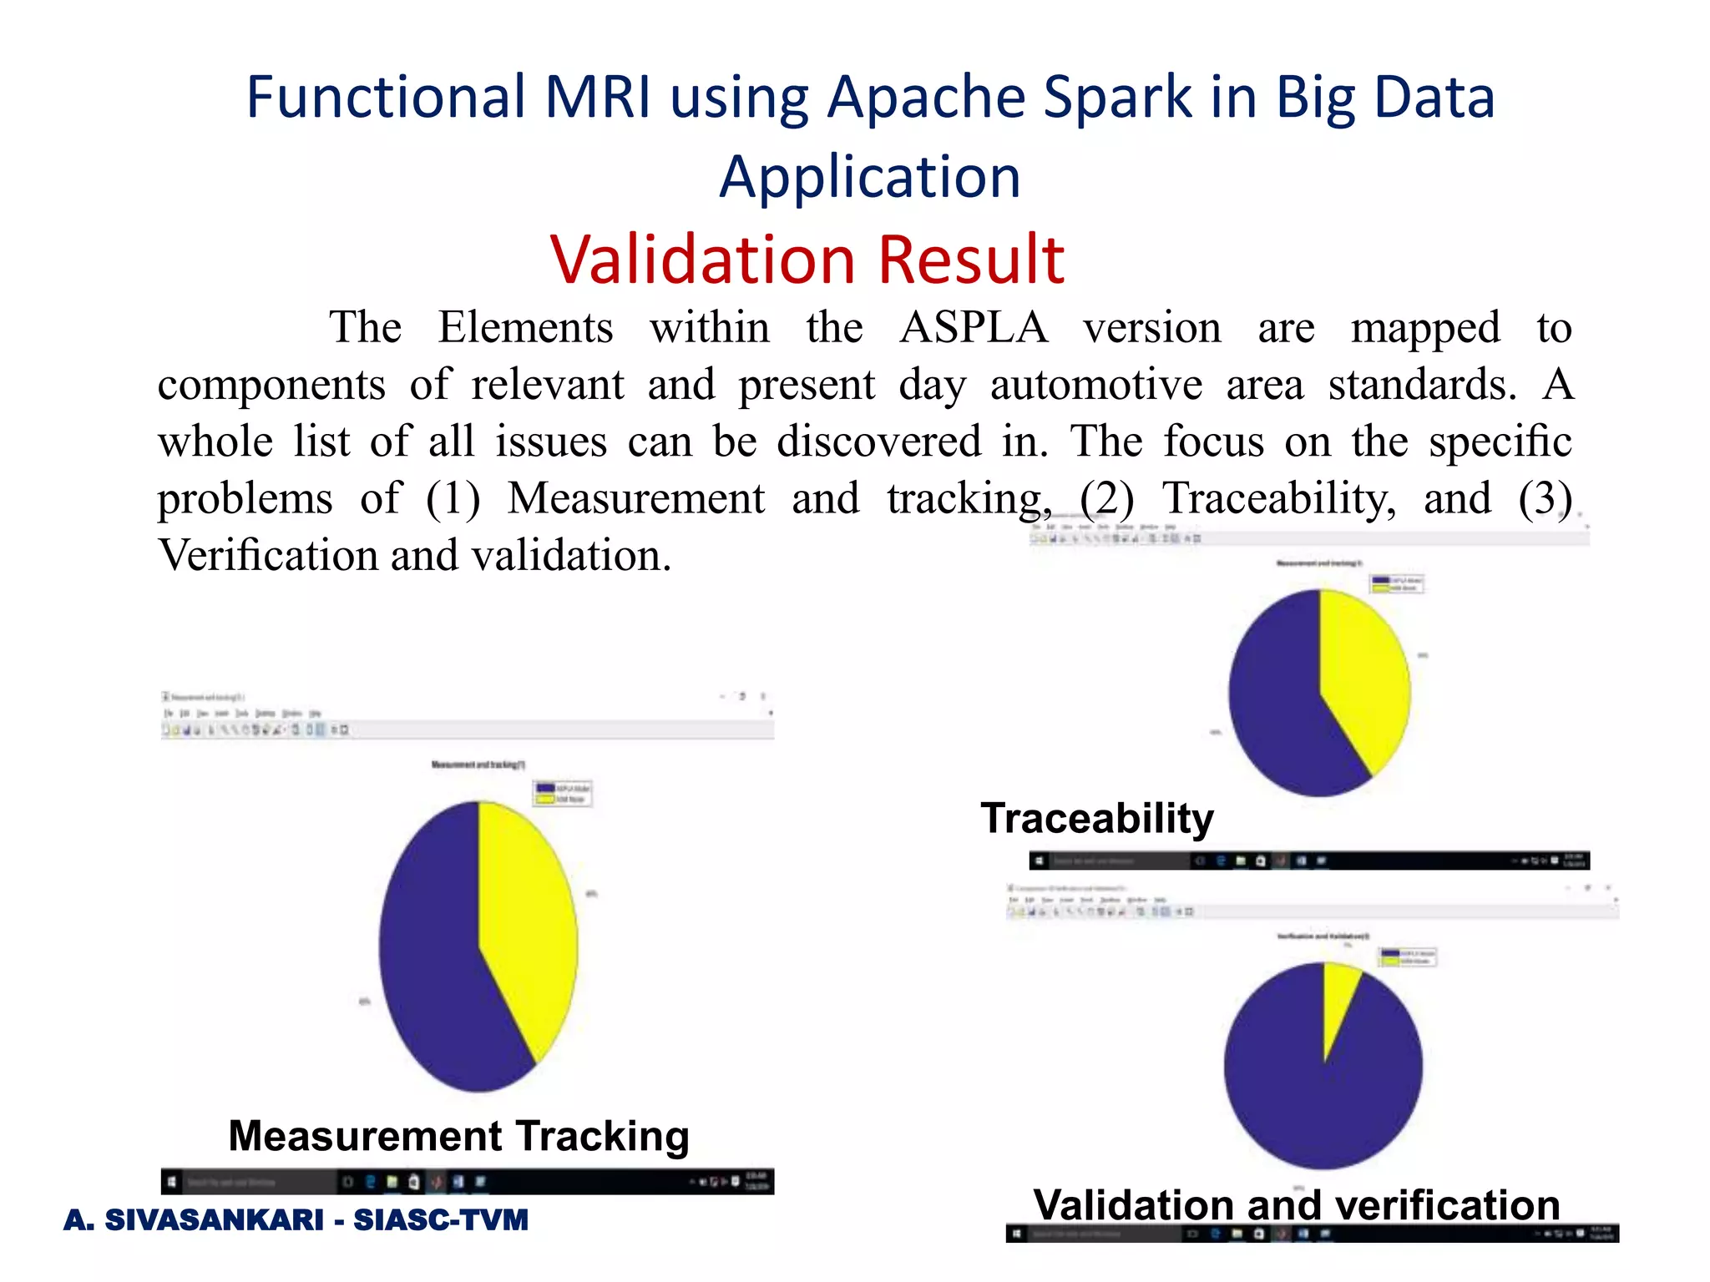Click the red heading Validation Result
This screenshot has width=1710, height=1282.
tap(807, 260)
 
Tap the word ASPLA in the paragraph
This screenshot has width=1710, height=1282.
tap(974, 327)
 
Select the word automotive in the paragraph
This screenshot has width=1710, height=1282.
tap(1095, 385)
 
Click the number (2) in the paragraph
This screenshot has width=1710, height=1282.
tap(1106, 498)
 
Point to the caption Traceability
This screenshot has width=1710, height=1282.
tap(1096, 818)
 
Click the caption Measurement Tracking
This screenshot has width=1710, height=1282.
tap(458, 1136)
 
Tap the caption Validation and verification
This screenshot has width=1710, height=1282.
tap(1296, 1204)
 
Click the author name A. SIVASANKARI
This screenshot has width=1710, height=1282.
tap(193, 1219)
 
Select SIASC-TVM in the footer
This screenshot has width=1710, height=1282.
tap(441, 1219)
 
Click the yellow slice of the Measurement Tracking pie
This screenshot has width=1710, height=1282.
tap(526, 918)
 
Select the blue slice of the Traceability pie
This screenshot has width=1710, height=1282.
tap(1277, 709)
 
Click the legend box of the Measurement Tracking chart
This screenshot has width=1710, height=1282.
tap(563, 793)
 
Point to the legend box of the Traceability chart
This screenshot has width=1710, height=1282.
tap(1397, 583)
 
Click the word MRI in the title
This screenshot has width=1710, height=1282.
tap(597, 98)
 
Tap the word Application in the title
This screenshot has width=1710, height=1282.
tap(870, 177)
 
